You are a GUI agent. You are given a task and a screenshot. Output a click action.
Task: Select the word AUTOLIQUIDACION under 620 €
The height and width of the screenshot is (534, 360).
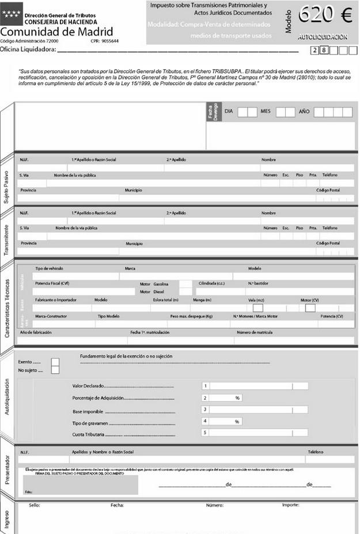(x=323, y=37)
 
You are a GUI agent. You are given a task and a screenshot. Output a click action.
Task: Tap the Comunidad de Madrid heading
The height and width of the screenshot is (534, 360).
(x=56, y=32)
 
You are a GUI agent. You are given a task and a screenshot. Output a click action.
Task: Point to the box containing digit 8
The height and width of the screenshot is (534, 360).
(x=324, y=51)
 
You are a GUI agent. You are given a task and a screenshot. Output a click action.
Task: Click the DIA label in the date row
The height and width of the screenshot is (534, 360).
(x=229, y=111)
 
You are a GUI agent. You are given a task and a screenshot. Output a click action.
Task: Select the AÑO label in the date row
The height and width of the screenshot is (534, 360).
(x=304, y=111)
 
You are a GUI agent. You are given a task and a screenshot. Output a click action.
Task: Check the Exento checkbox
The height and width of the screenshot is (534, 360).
(x=55, y=362)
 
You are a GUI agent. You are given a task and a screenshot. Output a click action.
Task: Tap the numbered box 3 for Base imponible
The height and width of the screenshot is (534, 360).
(x=205, y=410)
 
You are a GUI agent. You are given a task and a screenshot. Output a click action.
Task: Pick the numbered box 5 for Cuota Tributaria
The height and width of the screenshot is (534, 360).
(x=205, y=433)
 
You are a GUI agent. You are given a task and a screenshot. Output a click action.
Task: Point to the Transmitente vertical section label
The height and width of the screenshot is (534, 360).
(x=6, y=233)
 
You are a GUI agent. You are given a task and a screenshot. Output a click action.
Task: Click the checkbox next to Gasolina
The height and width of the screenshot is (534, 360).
(x=185, y=284)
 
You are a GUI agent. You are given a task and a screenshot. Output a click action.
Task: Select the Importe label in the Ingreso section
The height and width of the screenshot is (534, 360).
(x=290, y=505)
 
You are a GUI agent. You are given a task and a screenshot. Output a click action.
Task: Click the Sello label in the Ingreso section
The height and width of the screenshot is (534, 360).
(x=34, y=505)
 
